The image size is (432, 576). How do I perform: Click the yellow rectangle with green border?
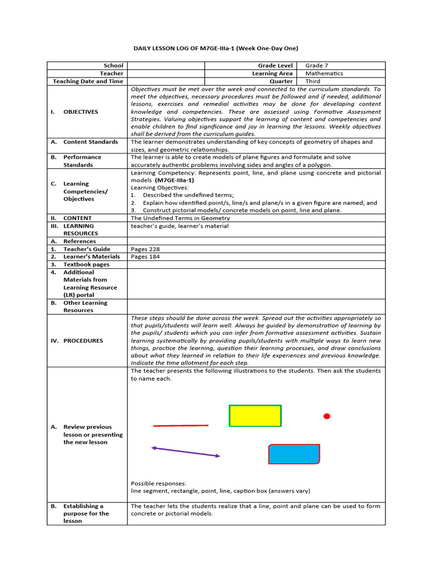pos(255,416)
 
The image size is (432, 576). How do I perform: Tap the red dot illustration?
pos(326,416)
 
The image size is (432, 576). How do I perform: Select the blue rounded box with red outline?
pos(294,454)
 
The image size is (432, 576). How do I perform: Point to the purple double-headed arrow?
pos(186,452)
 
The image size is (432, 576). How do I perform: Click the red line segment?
pos(180,426)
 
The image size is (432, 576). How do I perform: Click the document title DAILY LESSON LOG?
pos(215,48)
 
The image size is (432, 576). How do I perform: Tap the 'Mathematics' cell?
pos(324,74)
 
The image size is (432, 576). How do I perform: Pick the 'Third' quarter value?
pos(313,82)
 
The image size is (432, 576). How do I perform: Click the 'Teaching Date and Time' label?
pos(88,82)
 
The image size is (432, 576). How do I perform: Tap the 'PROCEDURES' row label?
pos(83,341)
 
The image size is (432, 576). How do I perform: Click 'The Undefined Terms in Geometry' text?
pos(180,218)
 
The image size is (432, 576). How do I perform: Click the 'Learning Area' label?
pos(272,74)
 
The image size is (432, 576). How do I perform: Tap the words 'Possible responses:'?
pos(158,483)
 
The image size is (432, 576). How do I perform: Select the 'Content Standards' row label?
pos(91,142)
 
